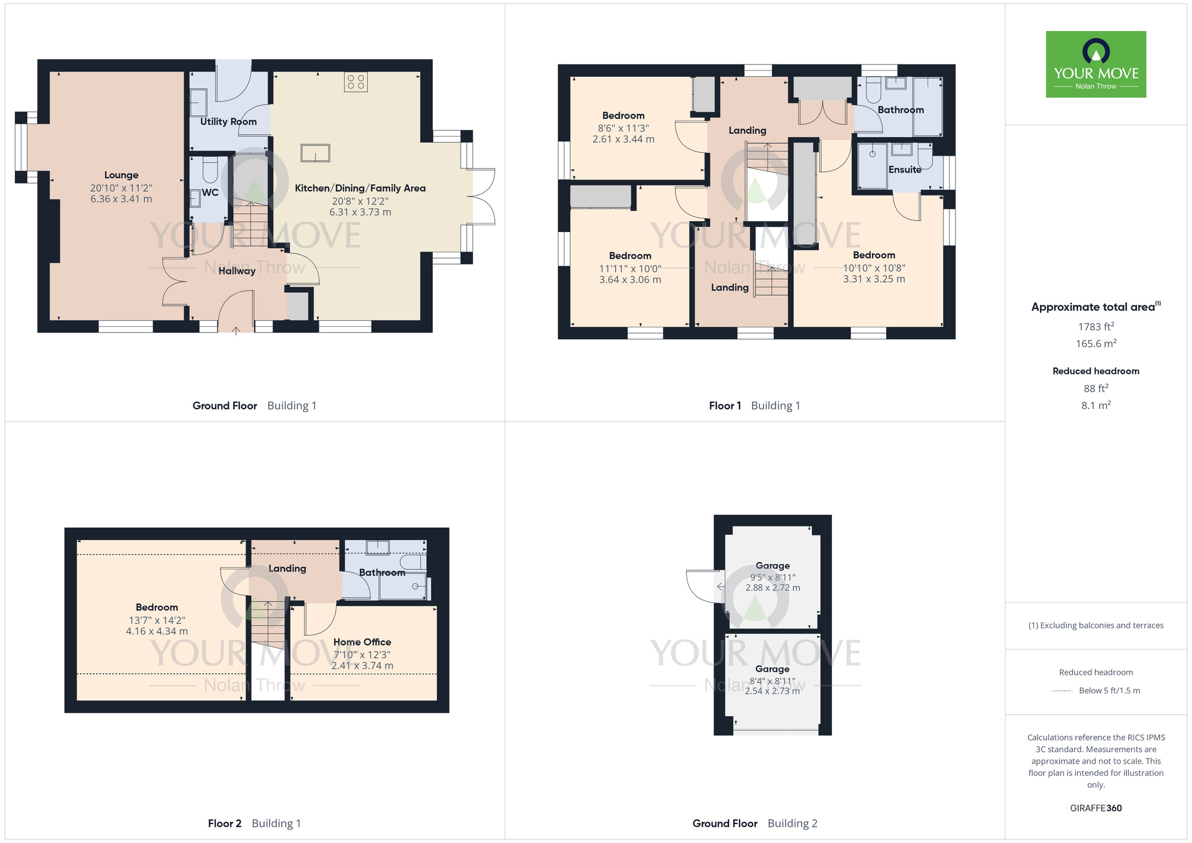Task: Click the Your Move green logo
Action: click(1095, 64)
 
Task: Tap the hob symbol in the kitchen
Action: click(356, 82)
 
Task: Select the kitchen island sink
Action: click(315, 153)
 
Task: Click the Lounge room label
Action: click(121, 175)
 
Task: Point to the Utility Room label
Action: click(228, 122)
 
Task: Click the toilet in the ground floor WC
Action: click(210, 170)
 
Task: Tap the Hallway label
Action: click(237, 271)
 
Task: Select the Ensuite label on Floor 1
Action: click(905, 170)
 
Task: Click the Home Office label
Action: click(362, 642)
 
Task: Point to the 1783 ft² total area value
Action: click(1095, 327)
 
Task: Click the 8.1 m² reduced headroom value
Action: click(1095, 405)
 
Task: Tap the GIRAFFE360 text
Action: click(1095, 808)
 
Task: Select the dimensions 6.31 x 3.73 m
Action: click(360, 212)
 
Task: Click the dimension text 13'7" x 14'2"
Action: click(157, 620)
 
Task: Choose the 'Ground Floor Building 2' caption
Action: click(755, 823)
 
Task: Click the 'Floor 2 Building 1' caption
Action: click(254, 823)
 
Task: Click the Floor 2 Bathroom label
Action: click(381, 572)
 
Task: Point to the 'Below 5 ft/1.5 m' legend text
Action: click(1109, 691)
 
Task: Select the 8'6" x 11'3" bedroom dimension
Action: click(623, 128)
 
